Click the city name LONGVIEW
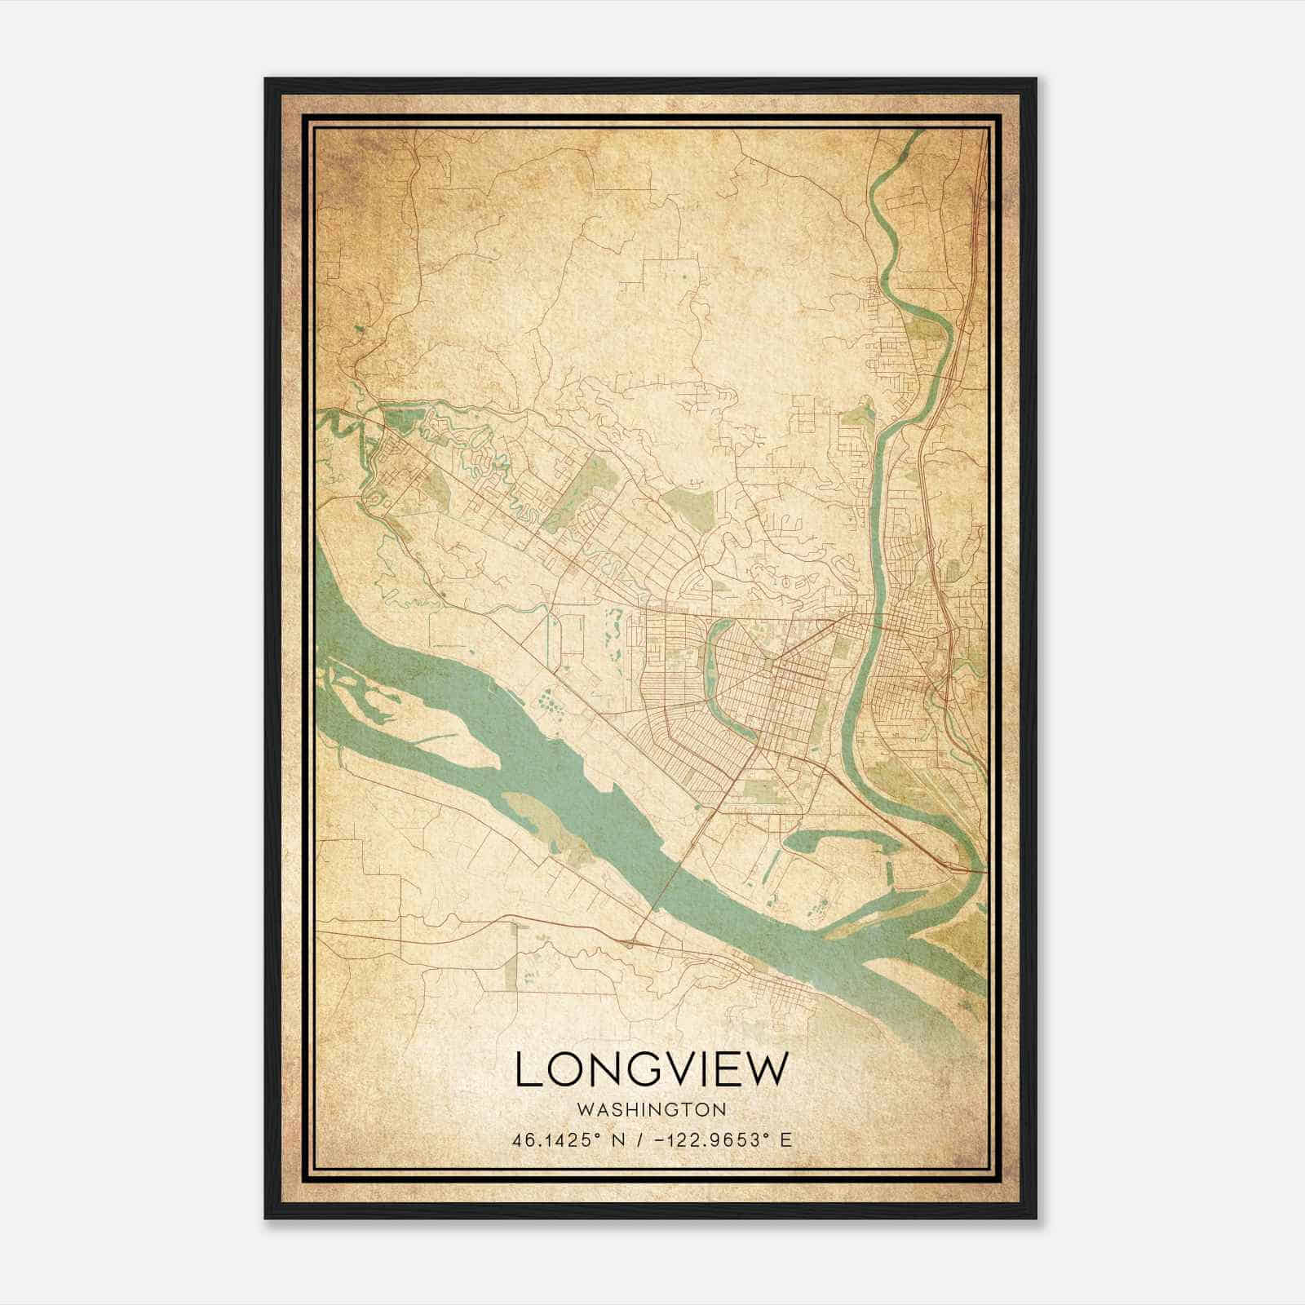click(652, 1069)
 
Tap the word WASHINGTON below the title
click(652, 1109)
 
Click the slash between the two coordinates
click(649, 1140)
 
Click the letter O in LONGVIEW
click(563, 1069)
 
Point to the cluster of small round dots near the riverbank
click(549, 700)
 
